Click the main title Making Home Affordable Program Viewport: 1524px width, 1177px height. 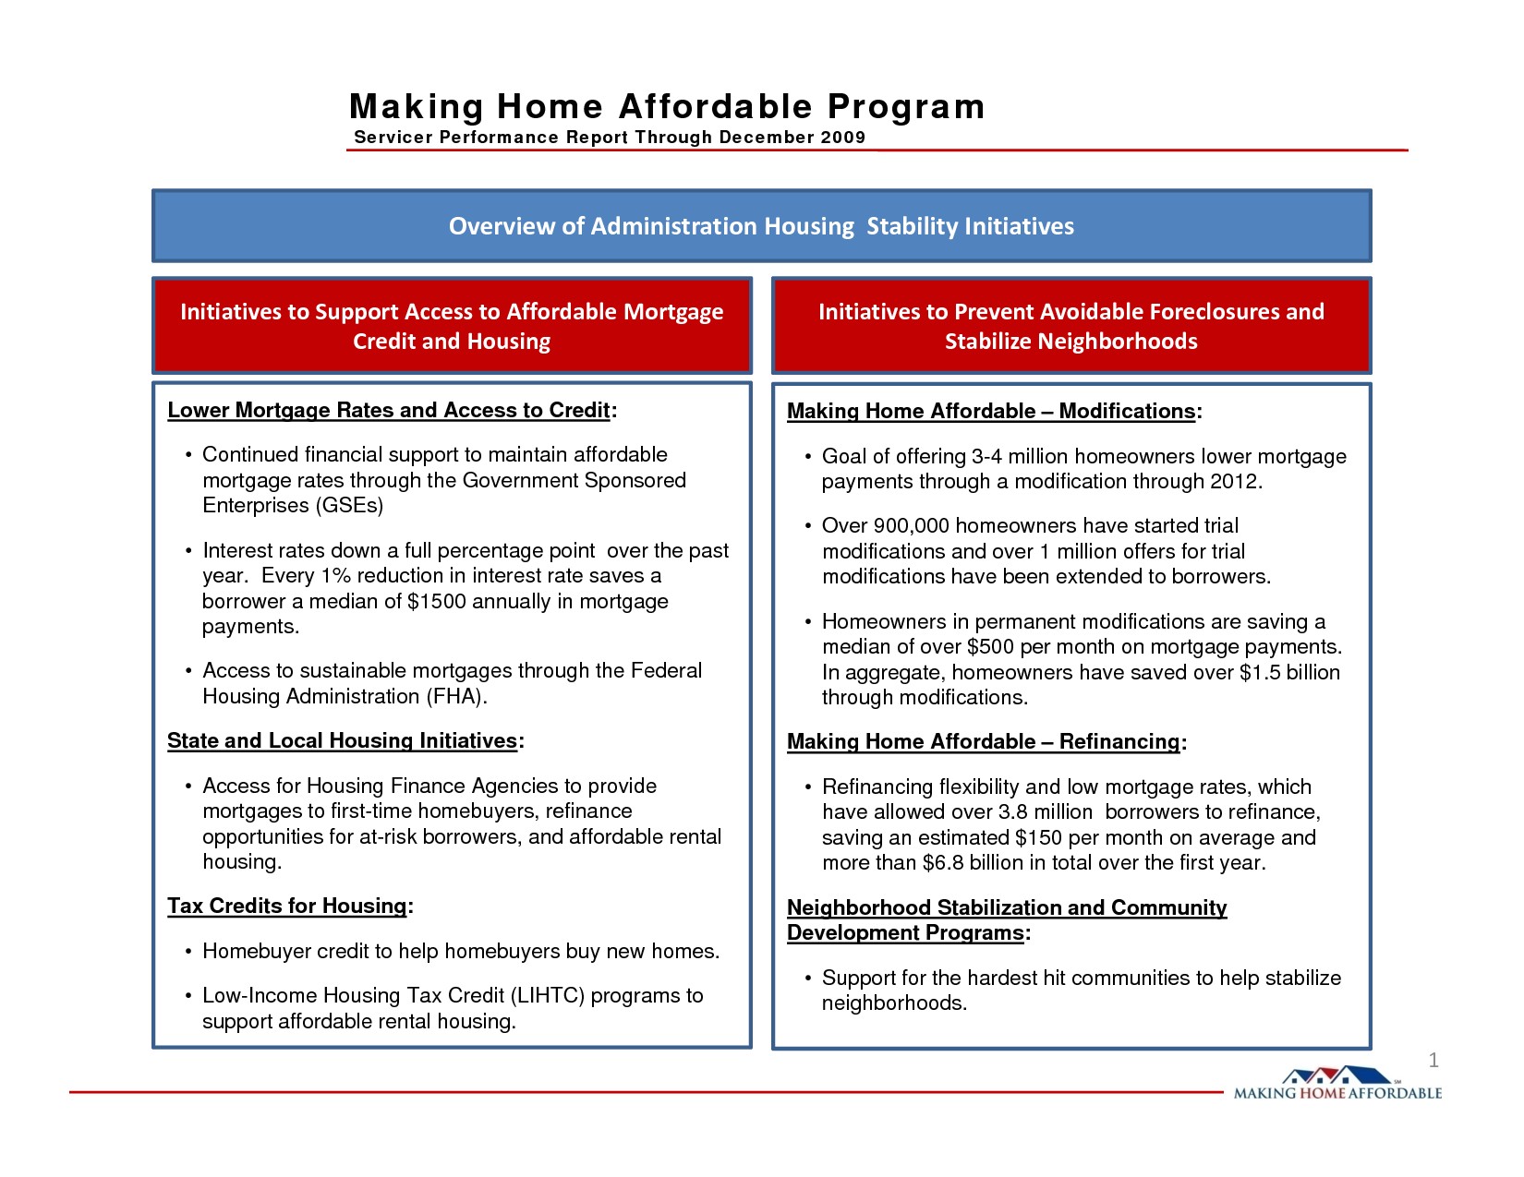click(667, 107)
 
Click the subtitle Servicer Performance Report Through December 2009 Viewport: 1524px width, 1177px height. click(610, 138)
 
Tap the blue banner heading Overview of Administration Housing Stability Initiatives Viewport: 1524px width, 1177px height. click(761, 226)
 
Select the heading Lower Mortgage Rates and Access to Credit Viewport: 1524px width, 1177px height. click(389, 411)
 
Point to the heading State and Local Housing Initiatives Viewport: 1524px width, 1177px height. click(342, 741)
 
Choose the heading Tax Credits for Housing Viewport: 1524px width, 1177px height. click(286, 907)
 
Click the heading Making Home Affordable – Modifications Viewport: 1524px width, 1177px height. click(991, 412)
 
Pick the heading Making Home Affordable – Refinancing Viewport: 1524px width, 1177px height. click(984, 742)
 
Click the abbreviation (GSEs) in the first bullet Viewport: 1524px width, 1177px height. click(349, 506)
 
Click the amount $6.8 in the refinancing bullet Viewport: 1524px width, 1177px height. click(942, 863)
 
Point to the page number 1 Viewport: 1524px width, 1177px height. click(1433, 1061)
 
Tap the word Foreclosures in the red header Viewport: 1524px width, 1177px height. click(1197, 312)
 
